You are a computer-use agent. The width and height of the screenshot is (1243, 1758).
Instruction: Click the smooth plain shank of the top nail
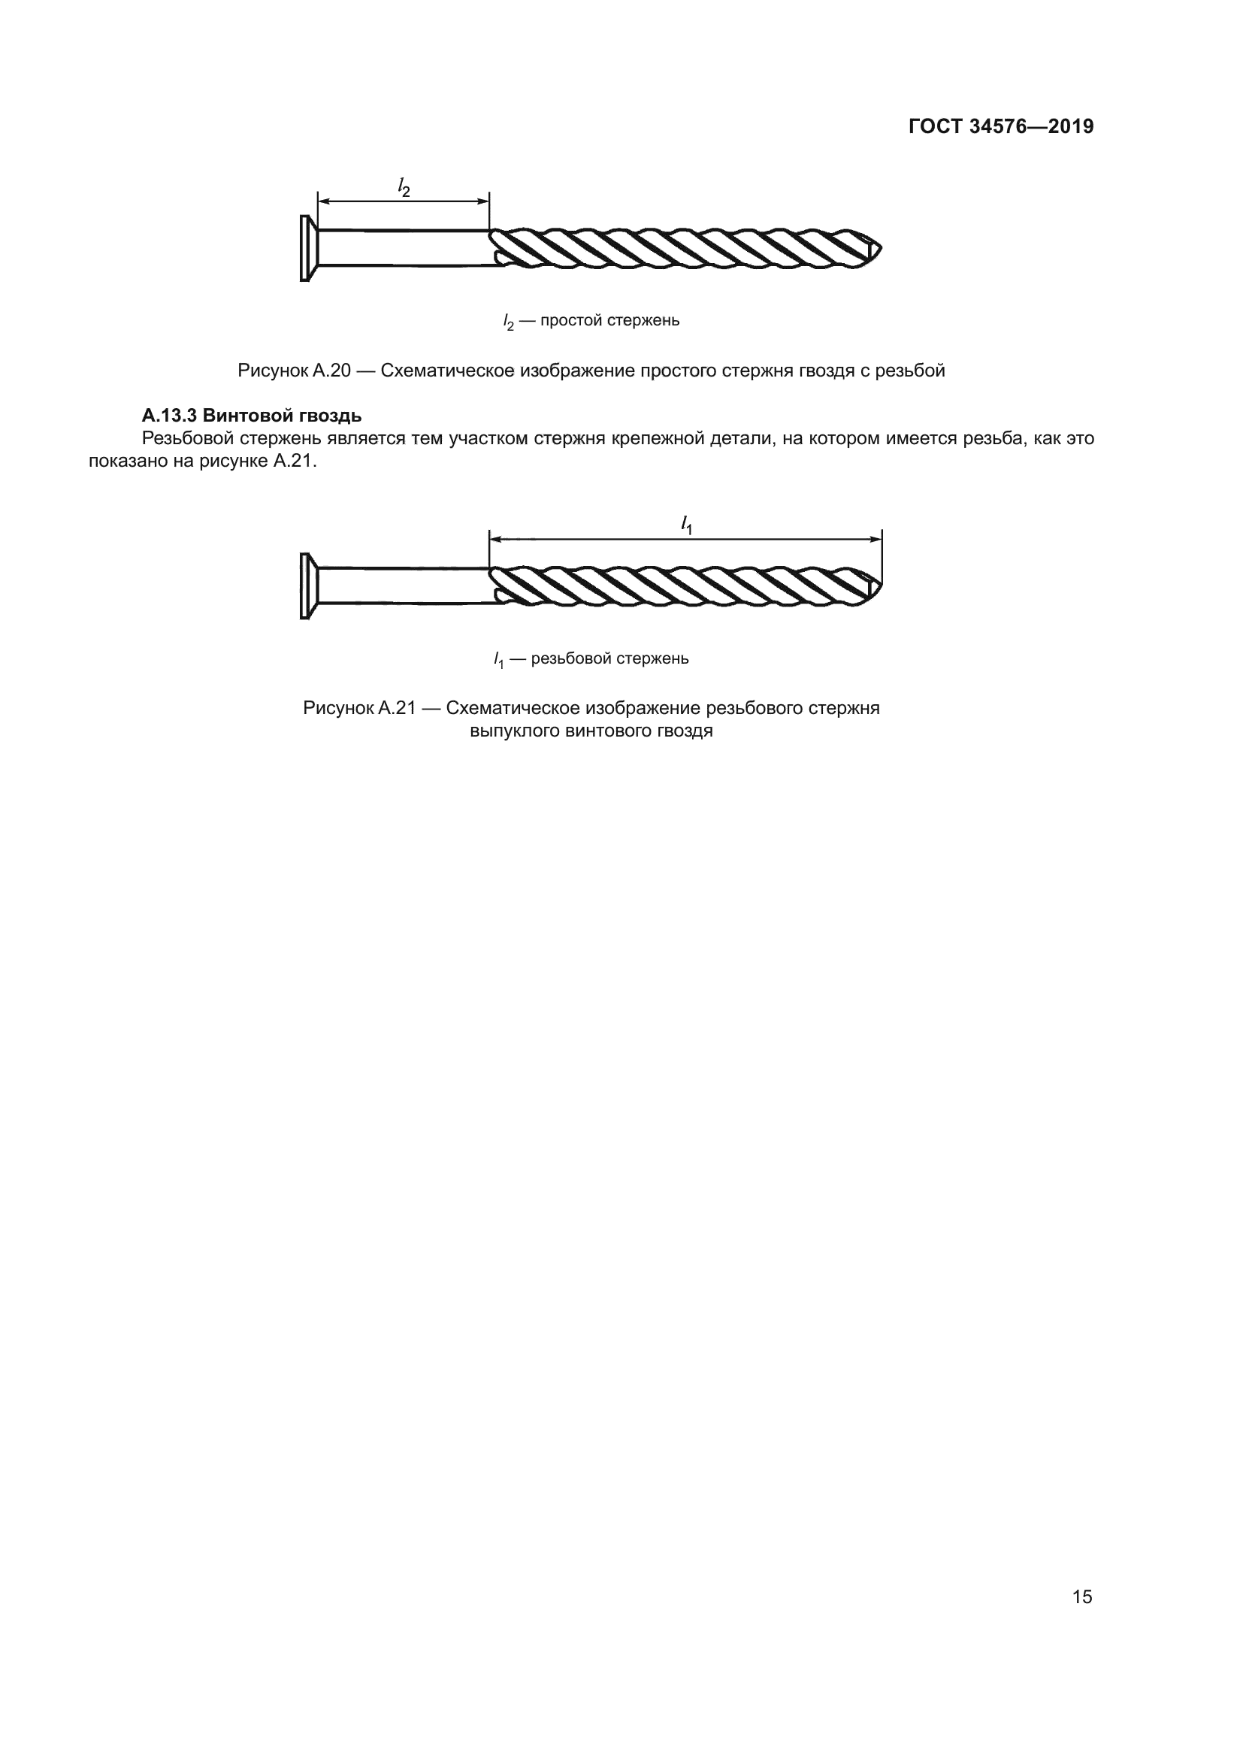pyautogui.click(x=402, y=248)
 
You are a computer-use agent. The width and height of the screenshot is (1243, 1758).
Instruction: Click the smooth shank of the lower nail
pyautogui.click(x=402, y=585)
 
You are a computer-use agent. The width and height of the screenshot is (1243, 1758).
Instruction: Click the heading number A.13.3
pyautogui.click(x=169, y=416)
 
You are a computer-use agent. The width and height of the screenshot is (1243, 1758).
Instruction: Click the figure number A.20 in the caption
pyautogui.click(x=331, y=371)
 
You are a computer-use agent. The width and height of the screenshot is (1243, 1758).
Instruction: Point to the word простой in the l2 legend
pyautogui.click(x=571, y=320)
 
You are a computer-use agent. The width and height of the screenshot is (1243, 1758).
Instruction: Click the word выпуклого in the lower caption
pyautogui.click(x=514, y=731)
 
